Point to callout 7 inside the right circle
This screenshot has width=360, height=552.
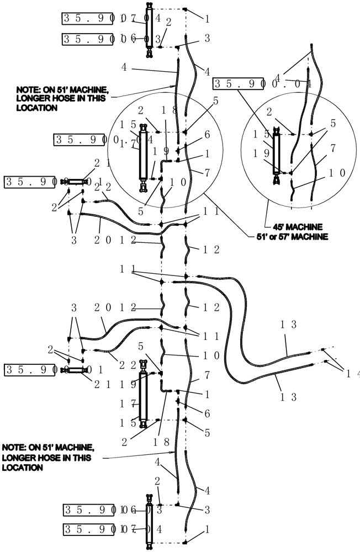(x=333, y=148)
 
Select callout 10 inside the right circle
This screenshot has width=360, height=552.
(x=338, y=172)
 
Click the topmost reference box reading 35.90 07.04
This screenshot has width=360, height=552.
(x=110, y=18)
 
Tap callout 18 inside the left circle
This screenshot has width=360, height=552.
(x=170, y=109)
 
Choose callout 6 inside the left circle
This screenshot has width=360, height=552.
(x=207, y=135)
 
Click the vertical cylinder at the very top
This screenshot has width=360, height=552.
(x=149, y=28)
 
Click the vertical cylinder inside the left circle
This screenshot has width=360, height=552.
(x=146, y=159)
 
